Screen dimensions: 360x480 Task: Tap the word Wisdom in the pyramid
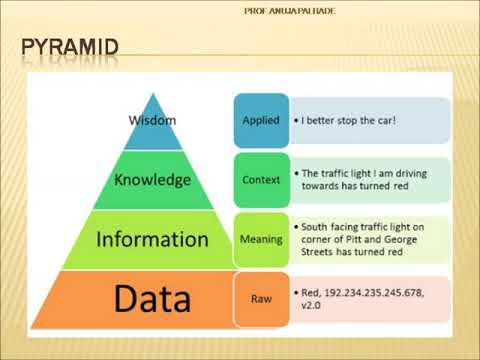tap(153, 120)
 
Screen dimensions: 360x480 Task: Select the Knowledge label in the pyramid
tap(152, 180)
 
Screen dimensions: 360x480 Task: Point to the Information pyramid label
tap(152, 239)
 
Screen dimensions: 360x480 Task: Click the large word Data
tap(152, 297)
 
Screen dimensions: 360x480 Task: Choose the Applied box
tap(260, 120)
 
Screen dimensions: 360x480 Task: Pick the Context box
tap(260, 180)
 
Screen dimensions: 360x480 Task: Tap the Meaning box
tap(260, 239)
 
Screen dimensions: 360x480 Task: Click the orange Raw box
tap(260, 298)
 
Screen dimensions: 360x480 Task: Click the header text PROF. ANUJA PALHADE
tap(290, 11)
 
